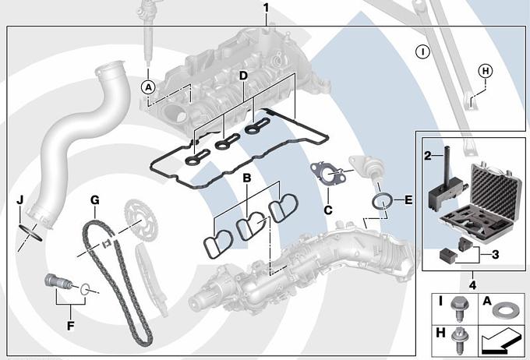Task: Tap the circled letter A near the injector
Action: [x=148, y=86]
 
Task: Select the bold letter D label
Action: [x=242, y=76]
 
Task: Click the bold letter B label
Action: [x=246, y=178]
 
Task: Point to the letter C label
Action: [x=328, y=210]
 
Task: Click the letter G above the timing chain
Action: [x=94, y=200]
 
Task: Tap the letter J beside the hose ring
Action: [x=19, y=200]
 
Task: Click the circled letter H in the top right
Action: [x=485, y=71]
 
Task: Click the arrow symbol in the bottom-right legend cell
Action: [x=500, y=341]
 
